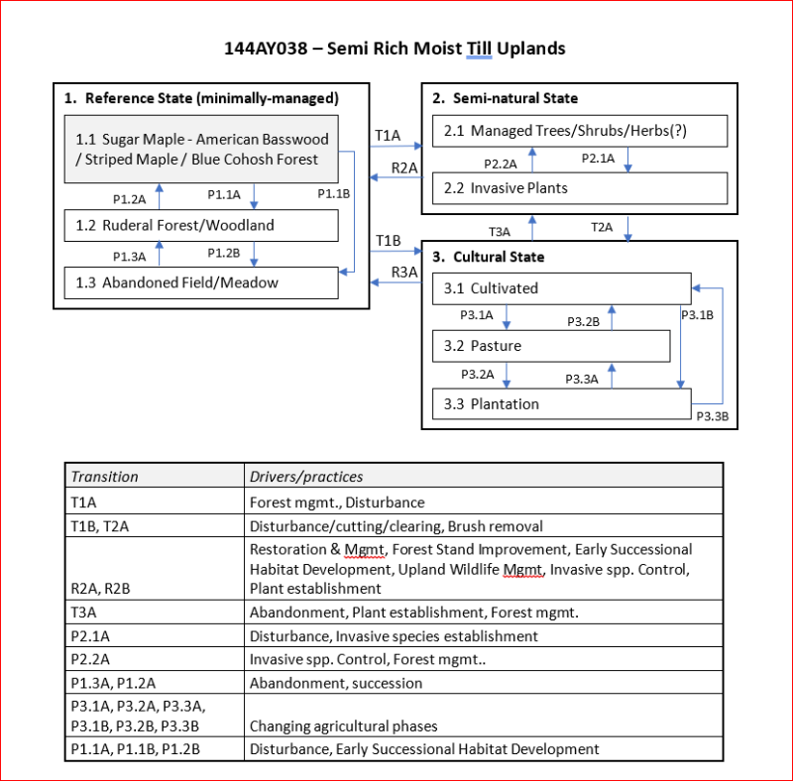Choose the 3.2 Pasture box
pos(551,346)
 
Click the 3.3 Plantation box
pos(561,403)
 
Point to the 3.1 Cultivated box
pos(561,288)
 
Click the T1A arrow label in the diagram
pos(388,135)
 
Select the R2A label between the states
pos(403,167)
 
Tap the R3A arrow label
pos(403,272)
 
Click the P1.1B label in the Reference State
pos(333,194)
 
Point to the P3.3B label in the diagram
pos(712,416)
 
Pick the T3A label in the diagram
pos(500,231)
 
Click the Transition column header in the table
pos(105,476)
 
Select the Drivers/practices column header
pos(306,476)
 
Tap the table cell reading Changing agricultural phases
pos(343,725)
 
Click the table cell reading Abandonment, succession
pos(336,683)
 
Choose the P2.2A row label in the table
pos(91,659)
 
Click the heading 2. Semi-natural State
pos(506,98)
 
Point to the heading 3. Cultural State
pos(489,257)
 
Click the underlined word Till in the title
pos(479,48)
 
